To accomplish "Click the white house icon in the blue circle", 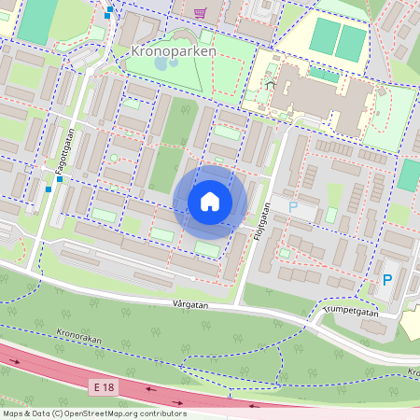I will (x=210, y=202).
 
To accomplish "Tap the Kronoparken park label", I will (x=174, y=51).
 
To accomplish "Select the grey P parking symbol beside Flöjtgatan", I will (x=292, y=207).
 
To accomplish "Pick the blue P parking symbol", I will (x=386, y=279).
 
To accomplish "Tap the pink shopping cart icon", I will (x=200, y=12).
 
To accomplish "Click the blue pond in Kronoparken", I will (x=162, y=64).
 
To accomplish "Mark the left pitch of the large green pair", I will (x=323, y=36).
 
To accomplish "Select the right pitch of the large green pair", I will (x=352, y=42).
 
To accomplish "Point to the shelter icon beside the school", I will (x=270, y=85).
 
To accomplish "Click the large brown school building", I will (x=317, y=98).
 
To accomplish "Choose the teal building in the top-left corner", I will (x=38, y=21).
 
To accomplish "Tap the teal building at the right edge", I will (x=409, y=175).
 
